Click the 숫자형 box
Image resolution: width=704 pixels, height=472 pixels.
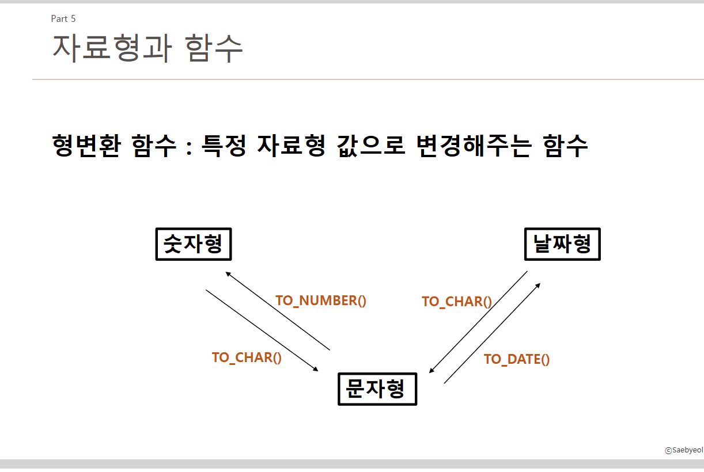(194, 244)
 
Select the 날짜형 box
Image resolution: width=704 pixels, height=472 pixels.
(562, 244)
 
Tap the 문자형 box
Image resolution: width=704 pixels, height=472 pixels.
(377, 389)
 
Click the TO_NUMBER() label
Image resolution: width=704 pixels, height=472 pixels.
(321, 300)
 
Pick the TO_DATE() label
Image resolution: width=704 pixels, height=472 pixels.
(517, 359)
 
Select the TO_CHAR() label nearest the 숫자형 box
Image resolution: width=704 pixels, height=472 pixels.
(247, 357)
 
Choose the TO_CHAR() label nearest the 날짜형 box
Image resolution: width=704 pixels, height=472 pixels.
(456, 302)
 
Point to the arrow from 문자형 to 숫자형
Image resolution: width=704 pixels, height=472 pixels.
(278, 311)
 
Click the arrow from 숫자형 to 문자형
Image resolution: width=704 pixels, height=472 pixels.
(262, 330)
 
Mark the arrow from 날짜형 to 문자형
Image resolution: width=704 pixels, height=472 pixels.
(478, 322)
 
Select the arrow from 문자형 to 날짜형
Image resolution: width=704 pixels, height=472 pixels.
(493, 333)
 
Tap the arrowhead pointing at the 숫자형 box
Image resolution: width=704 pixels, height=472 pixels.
(228, 274)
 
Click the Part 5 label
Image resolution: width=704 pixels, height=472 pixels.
(63, 19)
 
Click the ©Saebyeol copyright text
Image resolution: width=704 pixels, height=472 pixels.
(684, 450)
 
